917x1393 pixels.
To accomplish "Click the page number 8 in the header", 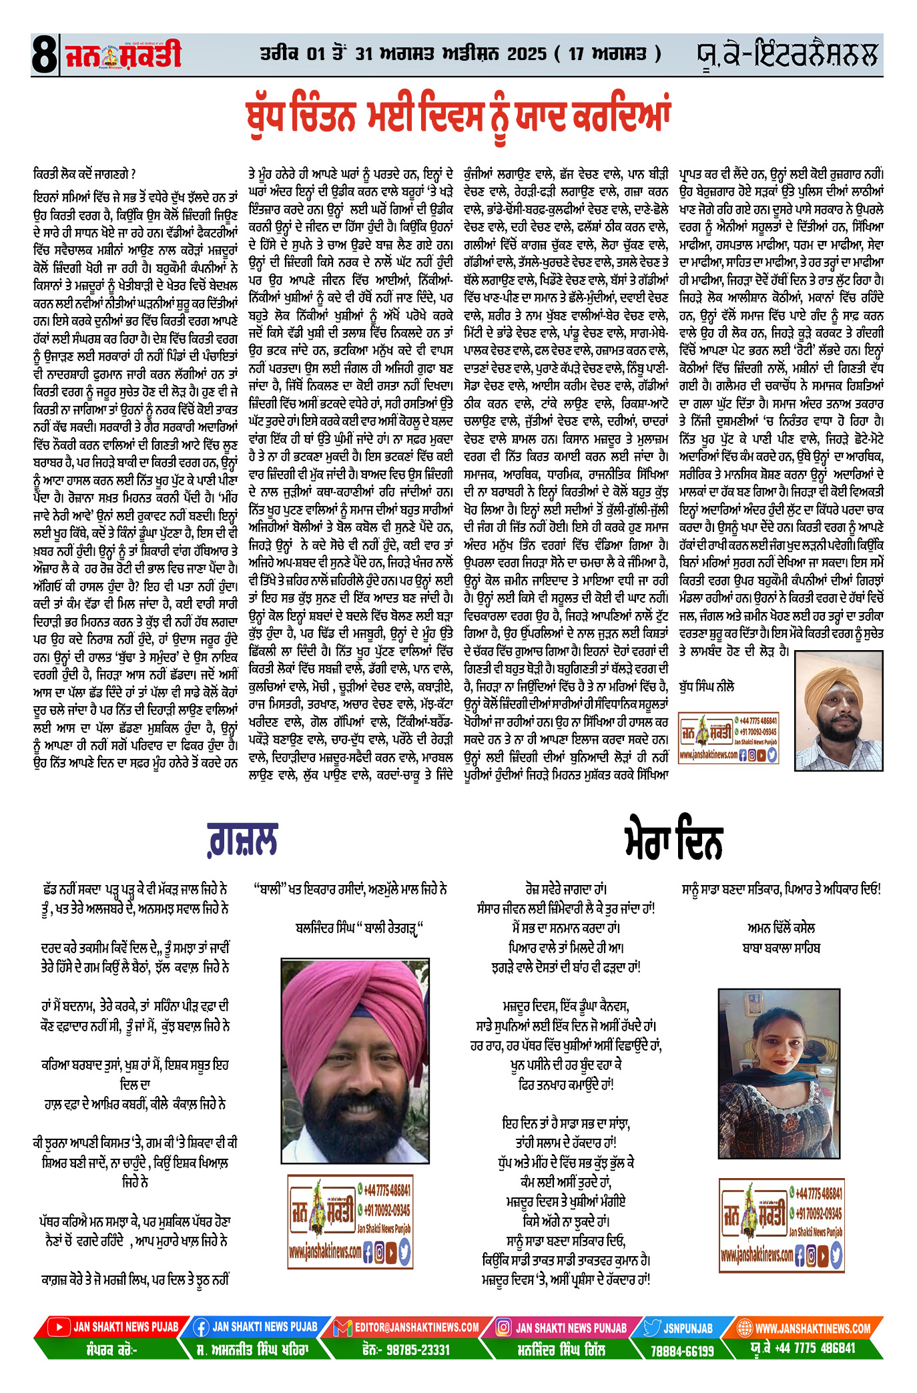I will (44, 55).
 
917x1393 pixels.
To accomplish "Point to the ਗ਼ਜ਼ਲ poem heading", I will (242, 840).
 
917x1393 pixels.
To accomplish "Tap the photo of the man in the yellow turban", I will (839, 710).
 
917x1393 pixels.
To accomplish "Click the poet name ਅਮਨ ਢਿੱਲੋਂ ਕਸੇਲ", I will (781, 928).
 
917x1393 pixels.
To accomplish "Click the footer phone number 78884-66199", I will (681, 1351).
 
